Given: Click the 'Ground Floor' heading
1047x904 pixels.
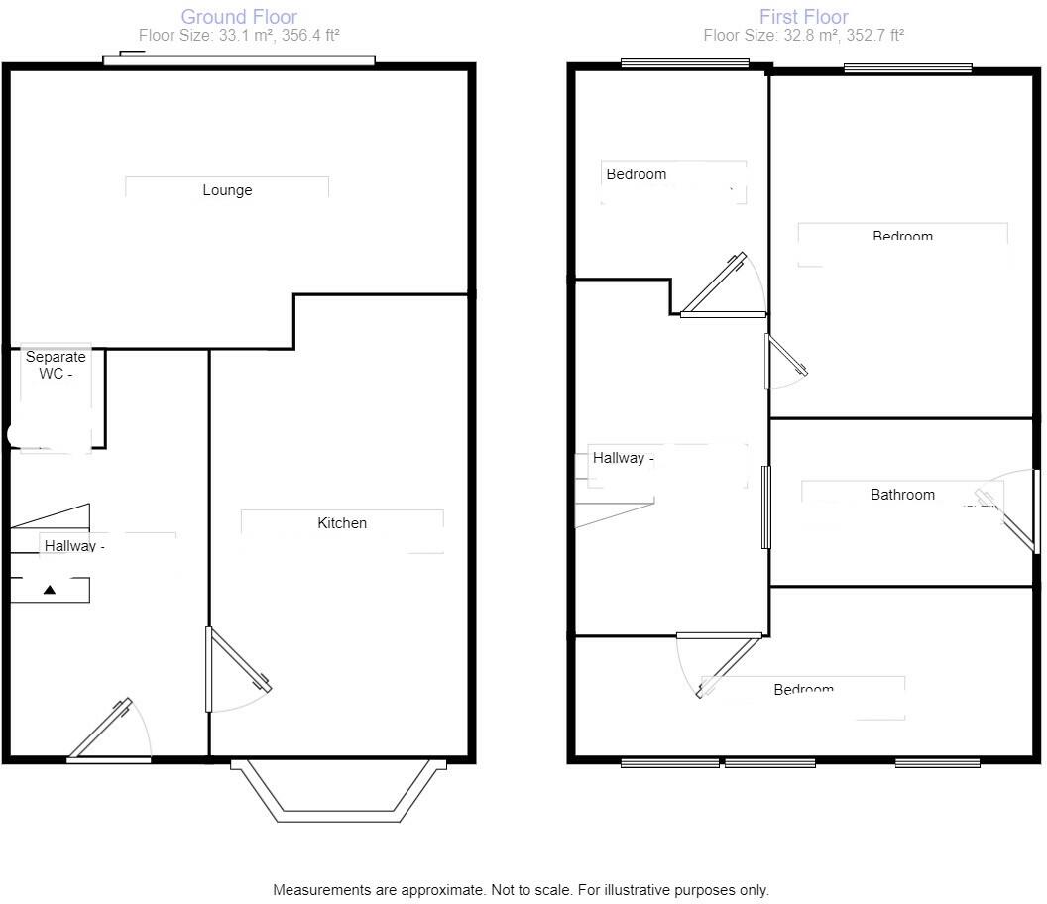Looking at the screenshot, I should point(239,17).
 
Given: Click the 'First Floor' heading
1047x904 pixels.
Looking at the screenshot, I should point(803,17).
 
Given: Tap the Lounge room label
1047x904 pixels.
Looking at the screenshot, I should point(227,190).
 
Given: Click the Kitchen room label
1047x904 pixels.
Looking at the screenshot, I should point(342,523).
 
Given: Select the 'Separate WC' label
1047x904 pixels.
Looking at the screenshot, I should point(56,365).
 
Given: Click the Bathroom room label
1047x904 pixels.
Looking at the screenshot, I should point(902,495).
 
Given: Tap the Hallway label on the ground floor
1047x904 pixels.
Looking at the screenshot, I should point(74,545).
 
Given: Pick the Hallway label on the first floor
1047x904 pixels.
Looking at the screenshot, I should point(624,458).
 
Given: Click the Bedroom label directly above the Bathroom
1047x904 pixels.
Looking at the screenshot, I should point(902,236).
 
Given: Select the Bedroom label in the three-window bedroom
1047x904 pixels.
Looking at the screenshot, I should point(803,689).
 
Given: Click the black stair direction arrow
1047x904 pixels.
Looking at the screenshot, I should point(50,590).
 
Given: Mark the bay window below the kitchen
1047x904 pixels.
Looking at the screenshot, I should point(338,793).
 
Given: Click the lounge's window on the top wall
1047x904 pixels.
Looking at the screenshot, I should point(239,61).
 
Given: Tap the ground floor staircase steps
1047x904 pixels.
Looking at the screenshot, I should point(50,540).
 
